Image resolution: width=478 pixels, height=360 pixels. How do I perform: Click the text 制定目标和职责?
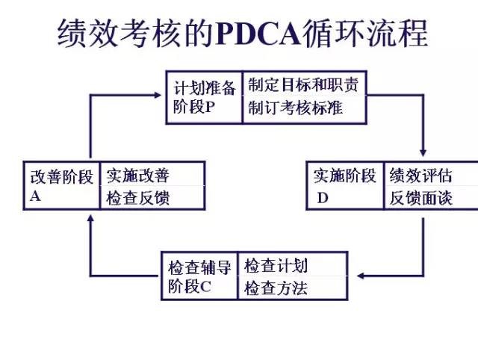click(x=303, y=84)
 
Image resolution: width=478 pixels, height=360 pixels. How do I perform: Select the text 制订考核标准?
click(x=296, y=108)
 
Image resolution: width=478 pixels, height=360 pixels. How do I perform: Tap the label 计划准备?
click(x=203, y=87)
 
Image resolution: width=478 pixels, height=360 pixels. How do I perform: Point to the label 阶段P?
click(x=193, y=107)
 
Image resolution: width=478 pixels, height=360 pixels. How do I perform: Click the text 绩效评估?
click(x=420, y=176)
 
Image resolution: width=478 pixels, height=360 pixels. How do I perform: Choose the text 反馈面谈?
click(x=420, y=198)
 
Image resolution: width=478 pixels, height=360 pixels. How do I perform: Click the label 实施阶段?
click(x=345, y=176)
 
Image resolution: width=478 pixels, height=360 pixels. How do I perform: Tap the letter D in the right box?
click(x=323, y=198)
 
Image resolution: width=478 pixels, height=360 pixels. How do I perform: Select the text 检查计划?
click(x=276, y=266)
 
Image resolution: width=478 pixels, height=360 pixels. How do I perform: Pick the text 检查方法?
click(x=276, y=288)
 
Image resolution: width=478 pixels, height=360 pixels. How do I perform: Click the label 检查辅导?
click(x=199, y=267)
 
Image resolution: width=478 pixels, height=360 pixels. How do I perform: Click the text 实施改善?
click(x=137, y=176)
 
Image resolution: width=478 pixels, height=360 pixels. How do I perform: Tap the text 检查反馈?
click(x=137, y=198)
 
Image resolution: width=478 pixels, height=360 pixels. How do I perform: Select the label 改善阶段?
click(x=62, y=177)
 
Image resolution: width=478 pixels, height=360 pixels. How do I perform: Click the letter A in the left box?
click(x=35, y=197)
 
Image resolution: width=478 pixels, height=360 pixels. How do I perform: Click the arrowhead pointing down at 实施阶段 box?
click(x=423, y=152)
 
